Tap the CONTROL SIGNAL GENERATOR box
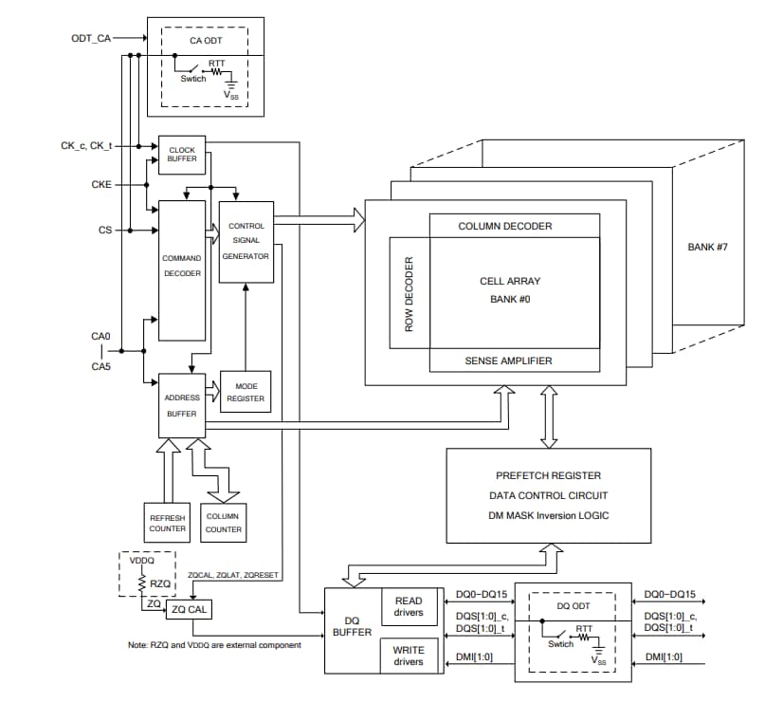(246, 241)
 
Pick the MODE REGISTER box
(246, 392)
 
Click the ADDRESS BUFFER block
(181, 405)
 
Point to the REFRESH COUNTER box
(167, 523)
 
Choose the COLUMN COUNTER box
(224, 523)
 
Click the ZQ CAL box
(189, 609)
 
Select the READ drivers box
(408, 606)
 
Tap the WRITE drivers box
(408, 655)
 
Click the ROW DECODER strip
(410, 293)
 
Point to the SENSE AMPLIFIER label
(507, 361)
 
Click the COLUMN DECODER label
(504, 226)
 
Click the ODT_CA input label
(91, 38)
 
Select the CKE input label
(101, 185)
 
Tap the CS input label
(105, 230)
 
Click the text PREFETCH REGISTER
(548, 475)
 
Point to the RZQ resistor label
(160, 583)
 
